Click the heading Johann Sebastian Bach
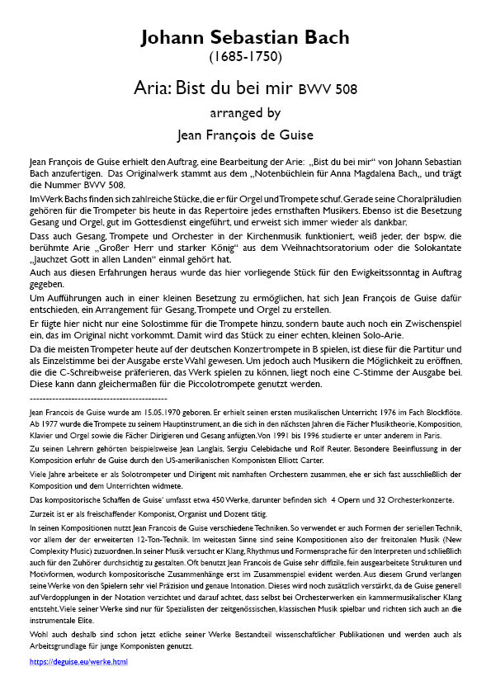[x=245, y=37]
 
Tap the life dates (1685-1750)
[x=245, y=57]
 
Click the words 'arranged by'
[x=245, y=112]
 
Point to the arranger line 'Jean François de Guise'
[x=245, y=133]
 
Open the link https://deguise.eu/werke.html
[x=78, y=662]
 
